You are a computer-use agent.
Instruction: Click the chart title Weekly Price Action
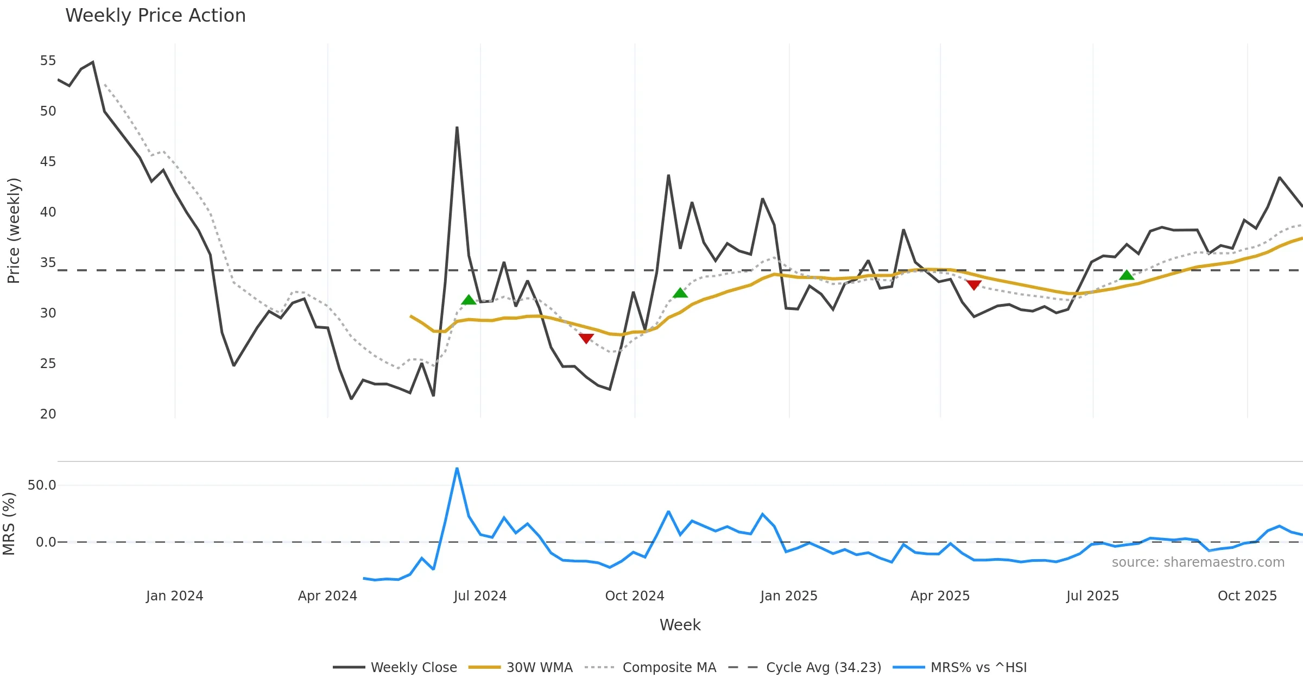[155, 16]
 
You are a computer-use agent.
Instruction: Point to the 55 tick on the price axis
[48, 61]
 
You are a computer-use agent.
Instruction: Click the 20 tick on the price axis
[48, 414]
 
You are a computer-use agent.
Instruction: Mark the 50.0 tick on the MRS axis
[42, 485]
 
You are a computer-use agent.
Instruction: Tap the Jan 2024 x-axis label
[174, 596]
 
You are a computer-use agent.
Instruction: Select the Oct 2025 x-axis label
[1247, 596]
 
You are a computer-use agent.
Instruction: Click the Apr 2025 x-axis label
[940, 596]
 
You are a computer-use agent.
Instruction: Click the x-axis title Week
[680, 625]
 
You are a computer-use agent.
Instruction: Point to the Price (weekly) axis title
[14, 231]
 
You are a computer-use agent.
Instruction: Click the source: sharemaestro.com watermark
[1198, 562]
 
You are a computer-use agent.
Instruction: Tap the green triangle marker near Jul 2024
[469, 300]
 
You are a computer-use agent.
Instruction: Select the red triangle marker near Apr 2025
[974, 285]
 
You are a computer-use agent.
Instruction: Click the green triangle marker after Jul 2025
[1127, 275]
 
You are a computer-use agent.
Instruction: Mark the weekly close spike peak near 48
[457, 128]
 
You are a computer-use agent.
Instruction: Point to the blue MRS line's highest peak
[457, 468]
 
